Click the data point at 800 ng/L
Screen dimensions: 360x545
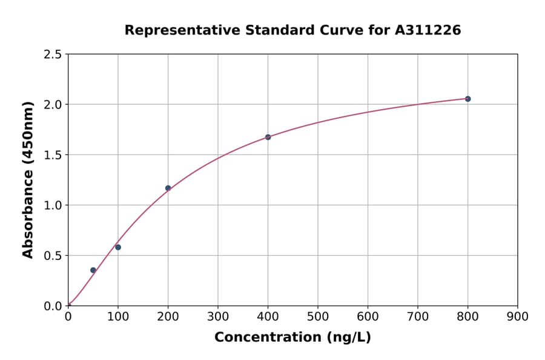(467, 99)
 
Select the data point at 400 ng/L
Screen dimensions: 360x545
(268, 137)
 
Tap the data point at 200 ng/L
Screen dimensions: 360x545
(168, 188)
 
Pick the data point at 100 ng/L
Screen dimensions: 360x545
(118, 247)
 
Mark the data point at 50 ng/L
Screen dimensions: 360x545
(93, 270)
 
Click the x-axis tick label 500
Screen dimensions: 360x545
(318, 316)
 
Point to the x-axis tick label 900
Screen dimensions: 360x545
(518, 316)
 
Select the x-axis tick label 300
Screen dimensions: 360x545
(218, 316)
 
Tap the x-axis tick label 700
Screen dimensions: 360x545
(418, 316)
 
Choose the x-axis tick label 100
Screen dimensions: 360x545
(118, 316)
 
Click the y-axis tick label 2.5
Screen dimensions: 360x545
(53, 55)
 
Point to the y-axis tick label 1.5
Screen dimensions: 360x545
(53, 155)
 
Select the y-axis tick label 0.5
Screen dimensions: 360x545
(53, 256)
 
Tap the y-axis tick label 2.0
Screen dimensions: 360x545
(53, 105)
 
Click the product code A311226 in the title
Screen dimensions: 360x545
(428, 30)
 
